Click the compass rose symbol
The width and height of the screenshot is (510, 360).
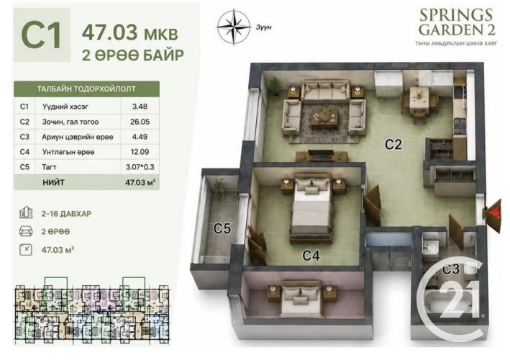pos(234,27)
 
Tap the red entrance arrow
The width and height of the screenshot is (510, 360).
pos(495,212)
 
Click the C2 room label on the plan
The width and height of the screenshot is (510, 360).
pos(393,144)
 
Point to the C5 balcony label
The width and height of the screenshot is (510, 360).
pos(222,228)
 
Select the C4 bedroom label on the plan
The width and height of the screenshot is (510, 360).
pos(311,256)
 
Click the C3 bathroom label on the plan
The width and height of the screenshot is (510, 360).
pos(451,269)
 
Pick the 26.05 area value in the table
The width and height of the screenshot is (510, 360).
pos(140,122)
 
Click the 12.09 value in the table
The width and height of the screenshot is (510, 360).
pos(140,152)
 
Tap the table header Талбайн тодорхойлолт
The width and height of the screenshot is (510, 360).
pos(86,89)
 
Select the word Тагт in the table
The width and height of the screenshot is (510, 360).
pos(49,167)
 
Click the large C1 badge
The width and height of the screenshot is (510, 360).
pos(42,35)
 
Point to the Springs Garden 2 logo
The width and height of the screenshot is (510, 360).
pos(456,27)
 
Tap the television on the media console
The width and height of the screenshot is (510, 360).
pos(321,153)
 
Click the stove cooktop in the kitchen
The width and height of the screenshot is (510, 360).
pos(460,127)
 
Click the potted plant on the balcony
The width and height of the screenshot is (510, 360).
pos(219,188)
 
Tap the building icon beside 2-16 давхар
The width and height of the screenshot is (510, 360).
pos(26,212)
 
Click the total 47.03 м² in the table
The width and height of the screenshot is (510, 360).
pos(140,182)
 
